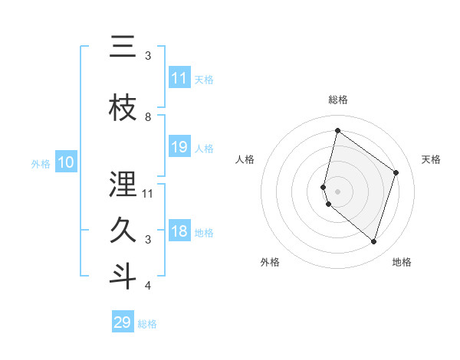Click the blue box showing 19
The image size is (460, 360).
click(179, 147)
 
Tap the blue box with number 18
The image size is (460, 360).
click(179, 232)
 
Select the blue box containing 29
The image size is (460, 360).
click(123, 322)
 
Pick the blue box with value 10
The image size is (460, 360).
click(65, 162)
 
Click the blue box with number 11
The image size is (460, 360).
click(179, 78)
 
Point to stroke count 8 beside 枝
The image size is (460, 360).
click(148, 117)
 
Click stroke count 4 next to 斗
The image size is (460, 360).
click(148, 286)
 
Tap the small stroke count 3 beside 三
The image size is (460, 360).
click(148, 56)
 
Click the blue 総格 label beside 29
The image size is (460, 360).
click(148, 324)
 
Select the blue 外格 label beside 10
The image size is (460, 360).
click(41, 163)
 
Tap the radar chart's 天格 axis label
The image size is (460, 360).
click(431, 159)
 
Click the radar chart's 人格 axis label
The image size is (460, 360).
click(245, 159)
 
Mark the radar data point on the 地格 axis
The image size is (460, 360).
click(373, 242)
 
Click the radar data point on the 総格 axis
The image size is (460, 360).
click(337, 130)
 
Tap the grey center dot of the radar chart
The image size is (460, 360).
click(337, 191)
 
